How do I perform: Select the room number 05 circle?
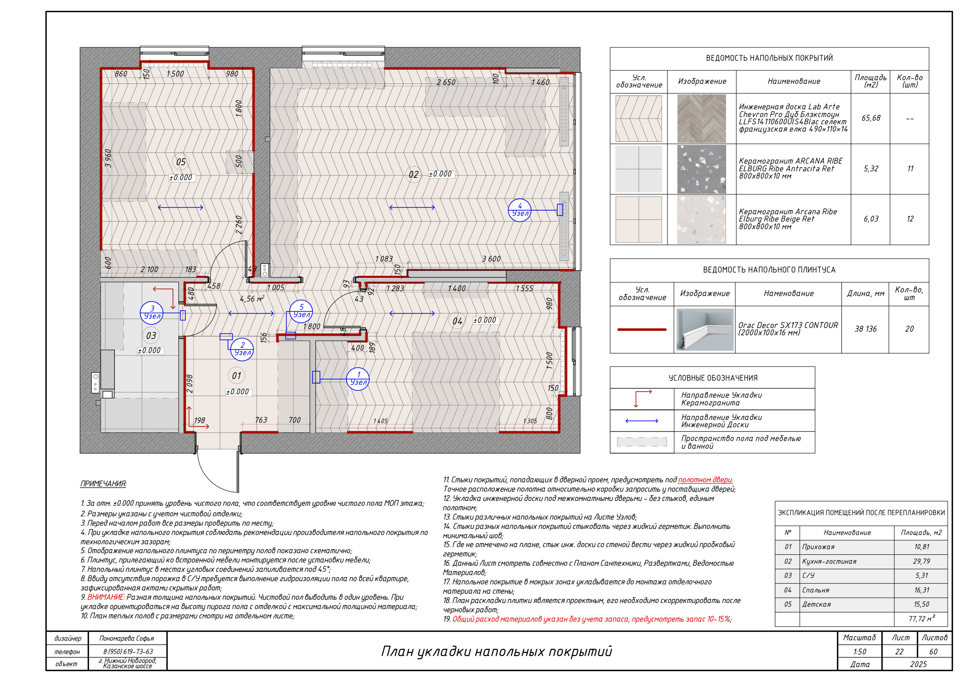[x=180, y=162]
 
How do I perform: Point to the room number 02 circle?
[x=414, y=175]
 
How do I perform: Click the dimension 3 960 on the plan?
[x=108, y=158]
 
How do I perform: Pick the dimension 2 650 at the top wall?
[x=446, y=82]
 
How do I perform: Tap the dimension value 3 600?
[x=491, y=259]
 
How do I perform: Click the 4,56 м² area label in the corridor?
[x=252, y=298]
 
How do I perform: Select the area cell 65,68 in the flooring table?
[x=871, y=118]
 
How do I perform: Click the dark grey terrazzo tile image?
[x=702, y=169]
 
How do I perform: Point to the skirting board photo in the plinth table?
[x=705, y=329]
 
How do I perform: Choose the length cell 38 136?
[x=865, y=329]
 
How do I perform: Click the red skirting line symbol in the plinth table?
[x=641, y=329]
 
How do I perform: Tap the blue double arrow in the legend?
[x=641, y=421]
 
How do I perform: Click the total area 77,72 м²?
[x=922, y=618]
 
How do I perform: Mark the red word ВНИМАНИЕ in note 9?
[x=106, y=597]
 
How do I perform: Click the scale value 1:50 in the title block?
[x=860, y=652]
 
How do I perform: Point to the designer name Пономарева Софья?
[x=126, y=638]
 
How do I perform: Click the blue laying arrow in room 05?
[x=180, y=207]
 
